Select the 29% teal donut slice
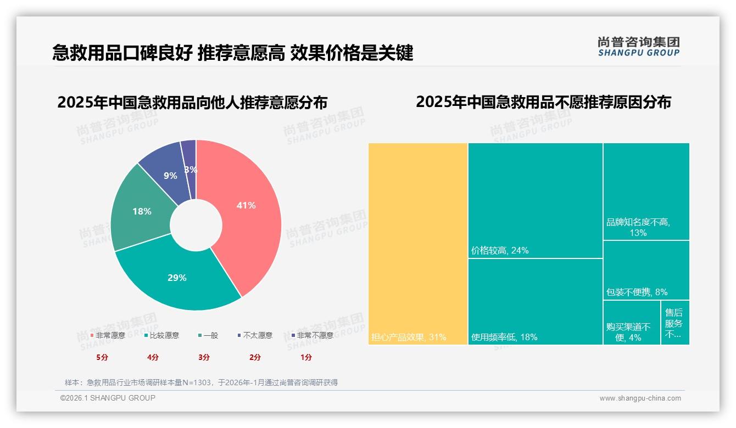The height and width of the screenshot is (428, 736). (177, 278)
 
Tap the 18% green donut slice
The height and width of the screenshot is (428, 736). (141, 211)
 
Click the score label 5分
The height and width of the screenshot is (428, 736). (103, 357)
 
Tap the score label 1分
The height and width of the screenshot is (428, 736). (306, 357)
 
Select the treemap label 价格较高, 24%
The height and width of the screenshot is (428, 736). (500, 251)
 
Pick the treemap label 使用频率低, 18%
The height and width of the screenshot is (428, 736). (504, 337)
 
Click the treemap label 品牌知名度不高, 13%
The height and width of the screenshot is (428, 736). (638, 228)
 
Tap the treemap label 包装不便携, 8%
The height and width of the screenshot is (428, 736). (637, 292)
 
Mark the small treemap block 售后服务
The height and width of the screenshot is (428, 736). (674, 323)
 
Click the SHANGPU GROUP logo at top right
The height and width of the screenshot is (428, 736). (638, 47)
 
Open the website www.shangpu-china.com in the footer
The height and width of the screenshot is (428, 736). (640, 398)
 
